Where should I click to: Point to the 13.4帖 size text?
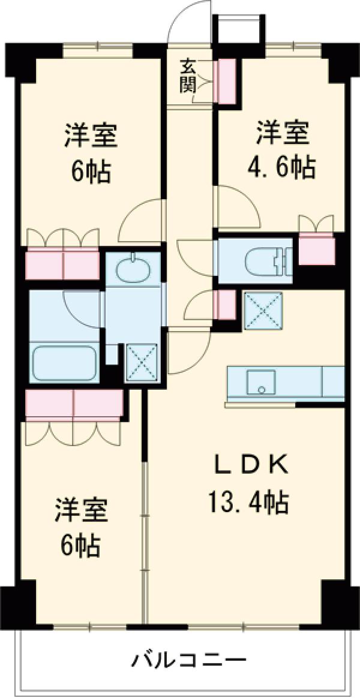click(x=248, y=501)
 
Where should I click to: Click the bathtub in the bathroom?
click(x=65, y=363)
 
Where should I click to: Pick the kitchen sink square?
click(x=261, y=383)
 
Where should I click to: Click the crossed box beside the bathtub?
click(x=141, y=362)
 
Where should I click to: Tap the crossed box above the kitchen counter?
click(x=262, y=310)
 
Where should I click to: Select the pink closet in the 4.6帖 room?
click(x=316, y=251)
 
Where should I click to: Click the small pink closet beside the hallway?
click(x=226, y=304)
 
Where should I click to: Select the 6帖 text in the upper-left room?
click(x=90, y=173)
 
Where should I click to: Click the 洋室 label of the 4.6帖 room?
click(x=283, y=134)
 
